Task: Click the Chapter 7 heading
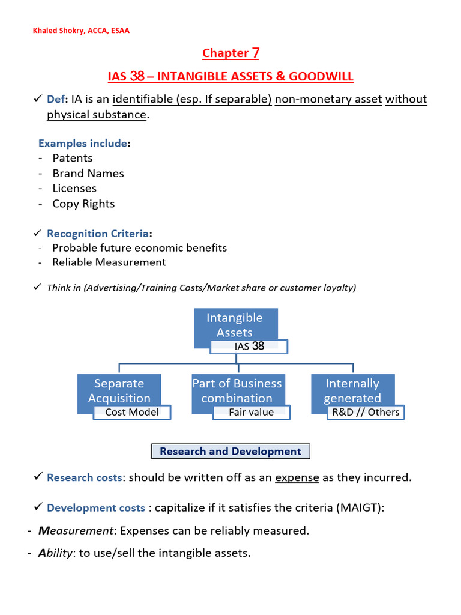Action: (230, 53)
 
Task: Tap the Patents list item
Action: (72, 158)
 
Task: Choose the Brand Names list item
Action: (88, 173)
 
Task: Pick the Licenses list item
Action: (74, 188)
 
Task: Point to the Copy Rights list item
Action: (83, 204)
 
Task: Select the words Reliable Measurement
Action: (109, 262)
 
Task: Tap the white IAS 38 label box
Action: (249, 347)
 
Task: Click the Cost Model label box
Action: (132, 412)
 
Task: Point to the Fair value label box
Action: (251, 412)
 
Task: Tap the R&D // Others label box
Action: (366, 412)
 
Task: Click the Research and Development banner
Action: (230, 451)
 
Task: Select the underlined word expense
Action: (297, 477)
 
